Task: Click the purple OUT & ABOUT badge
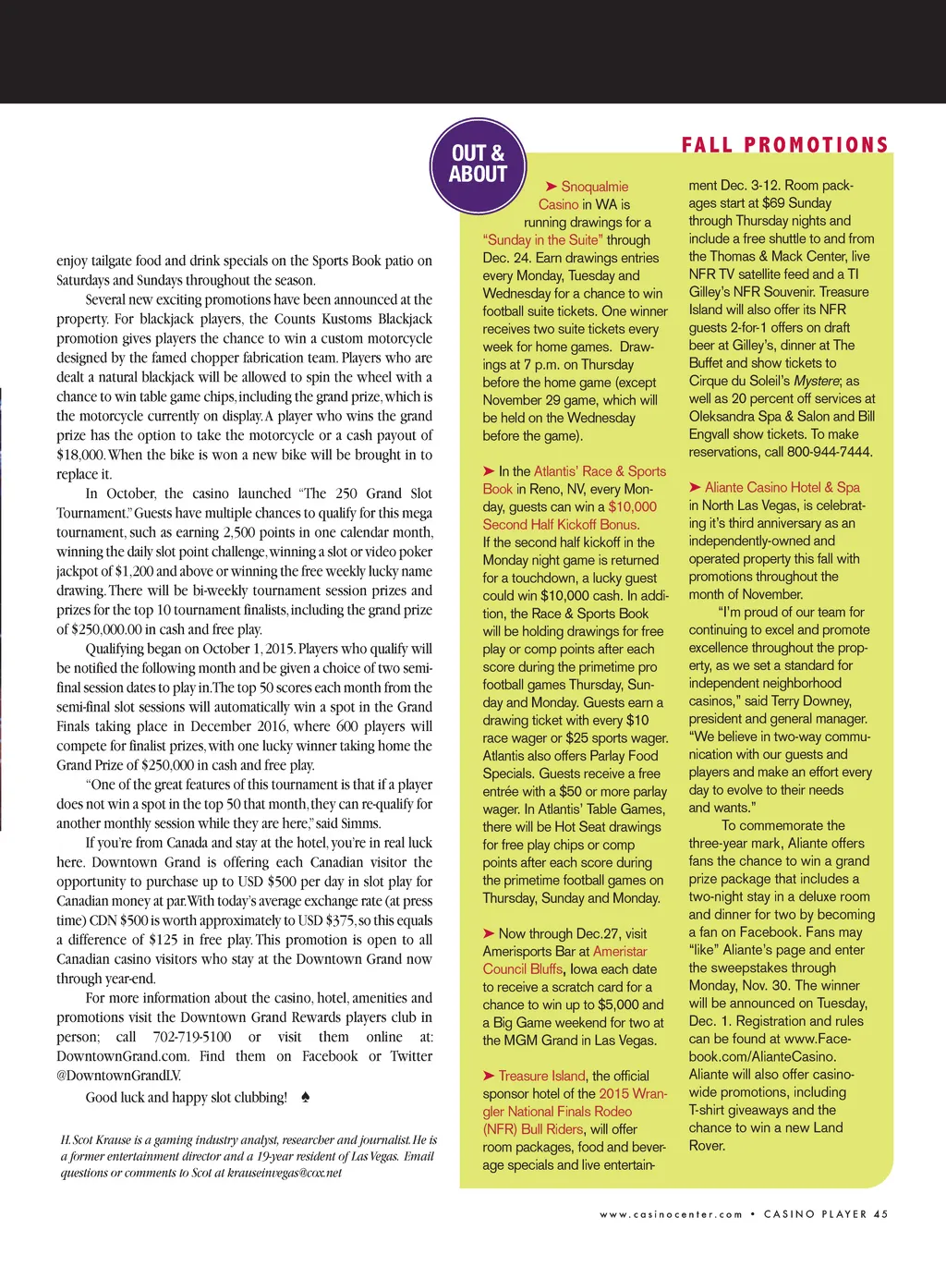tap(478, 164)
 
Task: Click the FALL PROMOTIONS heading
tap(784, 145)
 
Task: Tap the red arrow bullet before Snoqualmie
tap(551, 187)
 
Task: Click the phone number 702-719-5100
tap(192, 1037)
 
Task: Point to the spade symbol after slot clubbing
tap(306, 1097)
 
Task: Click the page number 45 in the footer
tap(880, 1214)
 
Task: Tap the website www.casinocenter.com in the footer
tap(671, 1214)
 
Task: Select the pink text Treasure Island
tap(541, 1076)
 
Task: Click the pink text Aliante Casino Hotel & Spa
tap(782, 487)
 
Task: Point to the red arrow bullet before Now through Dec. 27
tap(489, 933)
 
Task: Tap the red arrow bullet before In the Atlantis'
tap(489, 471)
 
